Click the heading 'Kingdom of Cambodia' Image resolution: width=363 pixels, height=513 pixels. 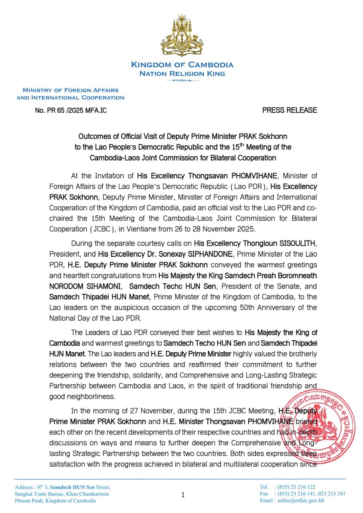(182, 65)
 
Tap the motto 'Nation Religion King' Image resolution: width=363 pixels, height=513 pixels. (182, 74)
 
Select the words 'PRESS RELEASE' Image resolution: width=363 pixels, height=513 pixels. (289, 110)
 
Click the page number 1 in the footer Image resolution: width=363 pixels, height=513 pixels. (183, 495)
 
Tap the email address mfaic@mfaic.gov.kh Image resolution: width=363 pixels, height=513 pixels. (299, 500)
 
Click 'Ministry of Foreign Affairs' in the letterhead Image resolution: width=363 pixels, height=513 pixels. (71, 91)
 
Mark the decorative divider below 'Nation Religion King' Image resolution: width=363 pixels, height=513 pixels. (182, 81)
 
